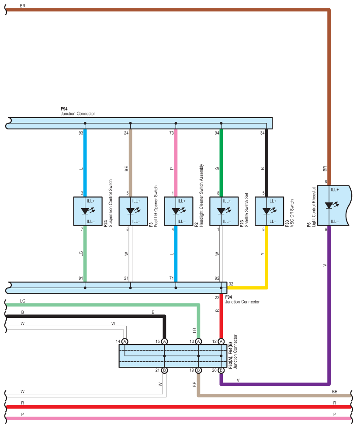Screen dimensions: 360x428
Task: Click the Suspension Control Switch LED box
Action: pos(88,211)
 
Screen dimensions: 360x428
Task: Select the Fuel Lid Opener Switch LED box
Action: pos(133,211)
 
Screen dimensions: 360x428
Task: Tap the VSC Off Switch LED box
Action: pos(270,211)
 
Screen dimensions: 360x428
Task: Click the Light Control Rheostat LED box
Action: pos(334,205)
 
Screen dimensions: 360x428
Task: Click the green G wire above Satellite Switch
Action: pos(221,163)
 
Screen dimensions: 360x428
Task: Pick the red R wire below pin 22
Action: pos(221,316)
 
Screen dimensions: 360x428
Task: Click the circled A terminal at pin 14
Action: pos(125,341)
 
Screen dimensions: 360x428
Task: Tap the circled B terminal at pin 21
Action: pos(164,370)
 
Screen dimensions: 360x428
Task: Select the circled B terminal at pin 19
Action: pos(198,370)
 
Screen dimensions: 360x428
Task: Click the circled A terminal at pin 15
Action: pos(164,341)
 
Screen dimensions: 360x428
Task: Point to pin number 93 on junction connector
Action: pos(81,133)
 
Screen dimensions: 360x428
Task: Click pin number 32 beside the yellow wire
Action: pos(231,284)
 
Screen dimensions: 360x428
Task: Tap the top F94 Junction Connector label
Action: pos(78,111)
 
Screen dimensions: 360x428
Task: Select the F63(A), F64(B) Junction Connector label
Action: pos(233,352)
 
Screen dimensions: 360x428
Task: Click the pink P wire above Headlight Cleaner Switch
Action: pos(176,163)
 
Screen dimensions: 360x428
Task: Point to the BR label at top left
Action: pos(23,6)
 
